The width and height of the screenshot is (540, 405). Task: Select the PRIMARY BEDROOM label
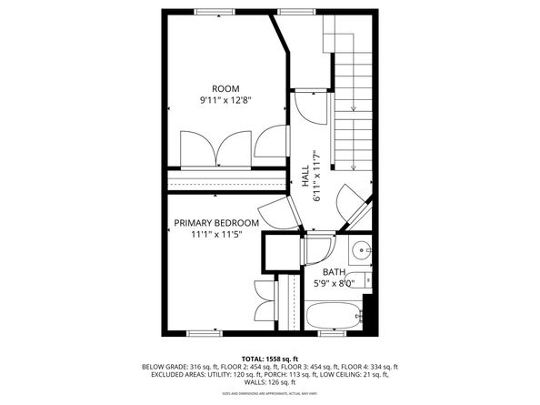pyautogui.click(x=216, y=223)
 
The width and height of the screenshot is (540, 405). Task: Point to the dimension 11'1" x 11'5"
pyautogui.click(x=215, y=234)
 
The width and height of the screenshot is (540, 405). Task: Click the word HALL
pyautogui.click(x=305, y=176)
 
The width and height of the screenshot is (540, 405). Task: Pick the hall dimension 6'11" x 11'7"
pyautogui.click(x=317, y=176)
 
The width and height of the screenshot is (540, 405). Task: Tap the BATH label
pyautogui.click(x=334, y=271)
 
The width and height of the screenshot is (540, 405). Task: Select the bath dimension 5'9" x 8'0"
pyautogui.click(x=334, y=282)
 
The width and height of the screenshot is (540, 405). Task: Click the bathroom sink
pyautogui.click(x=361, y=248)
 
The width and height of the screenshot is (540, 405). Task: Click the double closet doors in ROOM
pyautogui.click(x=216, y=148)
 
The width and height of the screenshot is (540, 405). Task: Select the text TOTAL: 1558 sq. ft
pyautogui.click(x=270, y=358)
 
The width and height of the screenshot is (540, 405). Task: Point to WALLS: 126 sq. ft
pyautogui.click(x=270, y=382)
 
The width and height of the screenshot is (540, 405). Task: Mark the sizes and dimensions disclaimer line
pyautogui.click(x=270, y=393)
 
